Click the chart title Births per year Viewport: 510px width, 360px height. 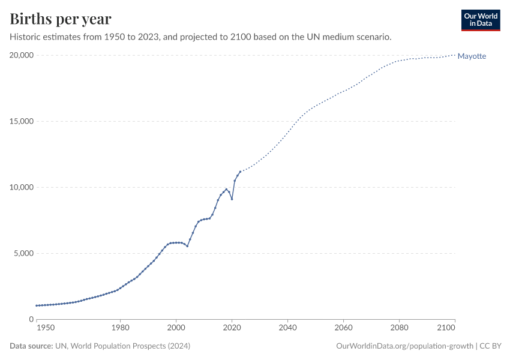click(61, 19)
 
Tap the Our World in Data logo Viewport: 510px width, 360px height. click(480, 20)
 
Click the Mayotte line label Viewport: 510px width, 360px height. click(472, 56)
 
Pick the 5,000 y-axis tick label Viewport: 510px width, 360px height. click(22, 253)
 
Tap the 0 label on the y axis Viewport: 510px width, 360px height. click(30, 319)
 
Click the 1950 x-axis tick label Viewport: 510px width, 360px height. click(45, 328)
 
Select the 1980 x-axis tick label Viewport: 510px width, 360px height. click(120, 328)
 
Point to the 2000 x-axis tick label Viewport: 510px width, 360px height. click(176, 328)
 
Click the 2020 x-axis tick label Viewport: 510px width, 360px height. click(232, 328)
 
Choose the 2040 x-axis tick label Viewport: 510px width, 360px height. click(287, 328)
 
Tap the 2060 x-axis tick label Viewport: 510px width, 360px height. click(343, 328)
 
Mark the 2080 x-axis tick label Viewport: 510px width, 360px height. click(399, 328)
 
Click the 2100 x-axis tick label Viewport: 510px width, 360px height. click(446, 328)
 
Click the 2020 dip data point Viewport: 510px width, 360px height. click(232, 199)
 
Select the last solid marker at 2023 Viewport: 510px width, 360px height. click(240, 172)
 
